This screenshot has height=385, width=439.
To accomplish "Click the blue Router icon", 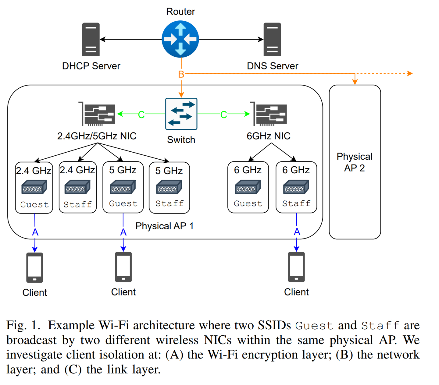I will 180,39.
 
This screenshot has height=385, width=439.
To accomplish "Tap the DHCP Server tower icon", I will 91,39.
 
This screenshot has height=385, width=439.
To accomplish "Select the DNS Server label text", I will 272,66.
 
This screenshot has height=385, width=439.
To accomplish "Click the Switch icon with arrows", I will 181,114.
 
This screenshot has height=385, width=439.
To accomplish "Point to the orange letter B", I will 181,74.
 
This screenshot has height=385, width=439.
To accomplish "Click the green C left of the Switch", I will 141,115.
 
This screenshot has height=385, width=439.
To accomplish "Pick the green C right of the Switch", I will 223,115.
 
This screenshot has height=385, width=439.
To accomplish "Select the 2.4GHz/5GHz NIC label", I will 97,136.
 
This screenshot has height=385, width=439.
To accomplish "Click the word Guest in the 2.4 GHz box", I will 34,204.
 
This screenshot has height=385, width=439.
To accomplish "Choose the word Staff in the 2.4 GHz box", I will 77,204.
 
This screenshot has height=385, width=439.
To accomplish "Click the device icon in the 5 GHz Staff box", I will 169,187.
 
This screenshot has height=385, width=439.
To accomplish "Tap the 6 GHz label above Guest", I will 248,170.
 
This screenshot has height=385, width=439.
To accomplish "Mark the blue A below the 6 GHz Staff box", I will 297,232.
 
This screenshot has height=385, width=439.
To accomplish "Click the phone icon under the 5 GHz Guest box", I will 123,267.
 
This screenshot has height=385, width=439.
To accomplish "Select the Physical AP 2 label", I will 354,162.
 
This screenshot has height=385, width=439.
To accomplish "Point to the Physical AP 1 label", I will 164,226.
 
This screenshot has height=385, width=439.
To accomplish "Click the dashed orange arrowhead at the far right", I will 410,73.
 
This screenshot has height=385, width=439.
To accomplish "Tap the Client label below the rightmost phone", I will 296,292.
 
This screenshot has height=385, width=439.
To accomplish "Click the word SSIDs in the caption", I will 274,325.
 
